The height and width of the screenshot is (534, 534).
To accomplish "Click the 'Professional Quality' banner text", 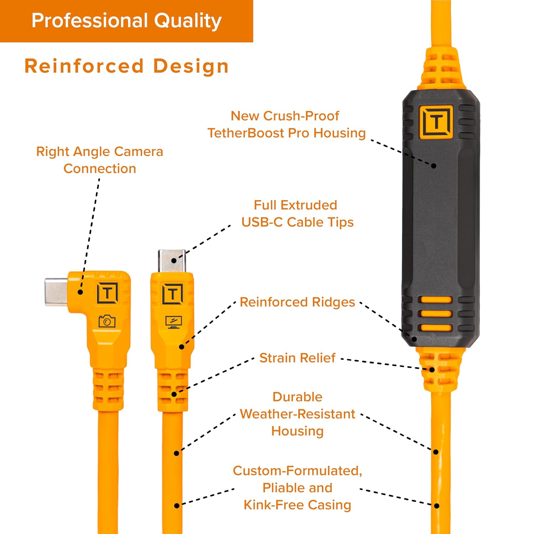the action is pos(126,21).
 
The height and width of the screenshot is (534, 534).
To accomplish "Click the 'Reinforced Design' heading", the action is pos(126,66).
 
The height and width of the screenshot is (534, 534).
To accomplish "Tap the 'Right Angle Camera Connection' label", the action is pos(100,160).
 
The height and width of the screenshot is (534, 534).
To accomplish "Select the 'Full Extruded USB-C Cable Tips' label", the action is pos(297,214).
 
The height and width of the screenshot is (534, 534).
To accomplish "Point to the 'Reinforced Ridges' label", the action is pos(297,302).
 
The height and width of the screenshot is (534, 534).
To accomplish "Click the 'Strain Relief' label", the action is pos(297,358).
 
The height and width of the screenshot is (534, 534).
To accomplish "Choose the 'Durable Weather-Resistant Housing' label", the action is pos(297,414).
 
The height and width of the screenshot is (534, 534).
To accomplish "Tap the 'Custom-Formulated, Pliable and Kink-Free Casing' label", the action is pos(297,488).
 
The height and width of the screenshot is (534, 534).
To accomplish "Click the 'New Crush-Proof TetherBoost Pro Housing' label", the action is pos(287,124).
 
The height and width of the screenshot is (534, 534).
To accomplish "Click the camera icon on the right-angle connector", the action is pos(107,321).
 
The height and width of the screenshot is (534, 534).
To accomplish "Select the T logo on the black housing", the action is pos(436,122).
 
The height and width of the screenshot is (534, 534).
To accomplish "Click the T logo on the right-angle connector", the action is pos(108,293).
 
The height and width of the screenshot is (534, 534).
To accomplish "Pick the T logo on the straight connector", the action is pos(173,294).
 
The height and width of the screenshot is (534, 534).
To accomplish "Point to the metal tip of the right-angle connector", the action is pos(56,292).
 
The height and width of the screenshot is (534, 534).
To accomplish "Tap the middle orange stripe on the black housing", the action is pos(436,314).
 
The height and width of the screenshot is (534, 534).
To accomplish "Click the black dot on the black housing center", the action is pos(434,166).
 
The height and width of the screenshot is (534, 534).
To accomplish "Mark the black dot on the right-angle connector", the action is pos(80,292).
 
